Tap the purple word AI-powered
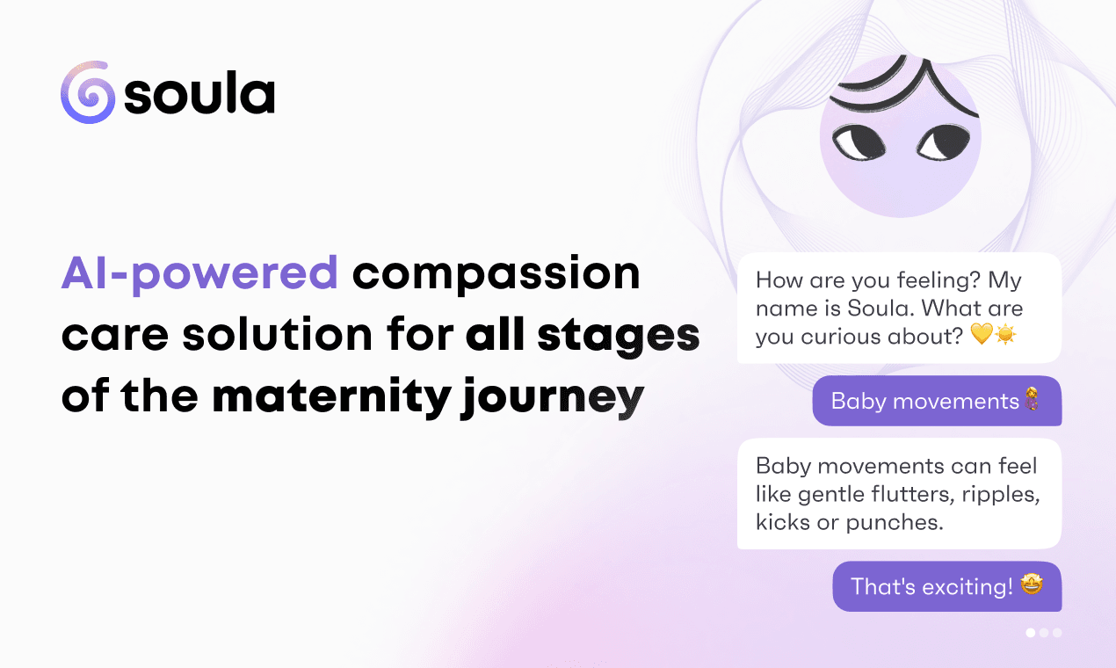tap(199, 273)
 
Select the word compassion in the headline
tap(496, 273)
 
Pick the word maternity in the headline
tap(332, 397)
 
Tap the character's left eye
tap(859, 142)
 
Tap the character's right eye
tap(943, 142)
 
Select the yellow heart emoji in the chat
tap(982, 333)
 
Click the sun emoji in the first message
tap(1005, 334)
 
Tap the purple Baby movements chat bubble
tap(937, 401)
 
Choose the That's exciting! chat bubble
tap(947, 586)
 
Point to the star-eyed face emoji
tap(1032, 584)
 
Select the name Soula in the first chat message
tap(880, 309)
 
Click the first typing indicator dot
tap(1031, 633)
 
